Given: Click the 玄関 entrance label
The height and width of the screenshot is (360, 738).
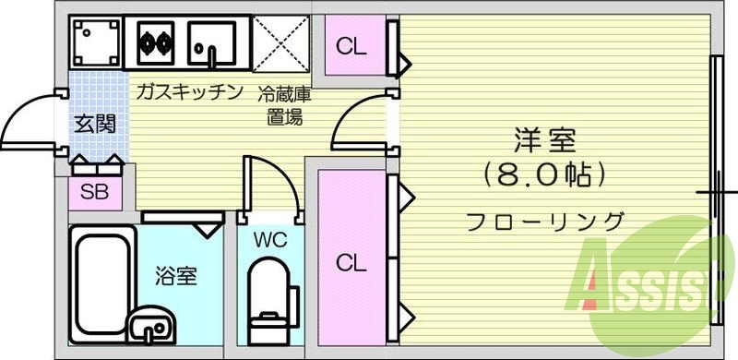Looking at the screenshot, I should point(95,124).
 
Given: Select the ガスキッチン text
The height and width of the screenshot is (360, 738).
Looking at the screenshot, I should point(188,92).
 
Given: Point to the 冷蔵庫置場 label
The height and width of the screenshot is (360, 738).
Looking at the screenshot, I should point(284,104).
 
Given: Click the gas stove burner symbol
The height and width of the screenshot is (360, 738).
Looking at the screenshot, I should point(154,41).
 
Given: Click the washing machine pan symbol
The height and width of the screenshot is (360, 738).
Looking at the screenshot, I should point(95,42).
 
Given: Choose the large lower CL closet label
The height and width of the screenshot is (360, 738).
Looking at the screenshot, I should point(350,263).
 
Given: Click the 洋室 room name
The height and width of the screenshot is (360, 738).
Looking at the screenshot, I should point(544,141).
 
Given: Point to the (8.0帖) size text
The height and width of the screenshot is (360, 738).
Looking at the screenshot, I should point(543,173).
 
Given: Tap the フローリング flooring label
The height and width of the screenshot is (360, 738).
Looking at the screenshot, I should point(544,222).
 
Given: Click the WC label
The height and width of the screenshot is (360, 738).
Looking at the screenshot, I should point(270,241).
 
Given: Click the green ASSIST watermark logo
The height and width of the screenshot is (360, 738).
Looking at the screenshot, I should point(646,282).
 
